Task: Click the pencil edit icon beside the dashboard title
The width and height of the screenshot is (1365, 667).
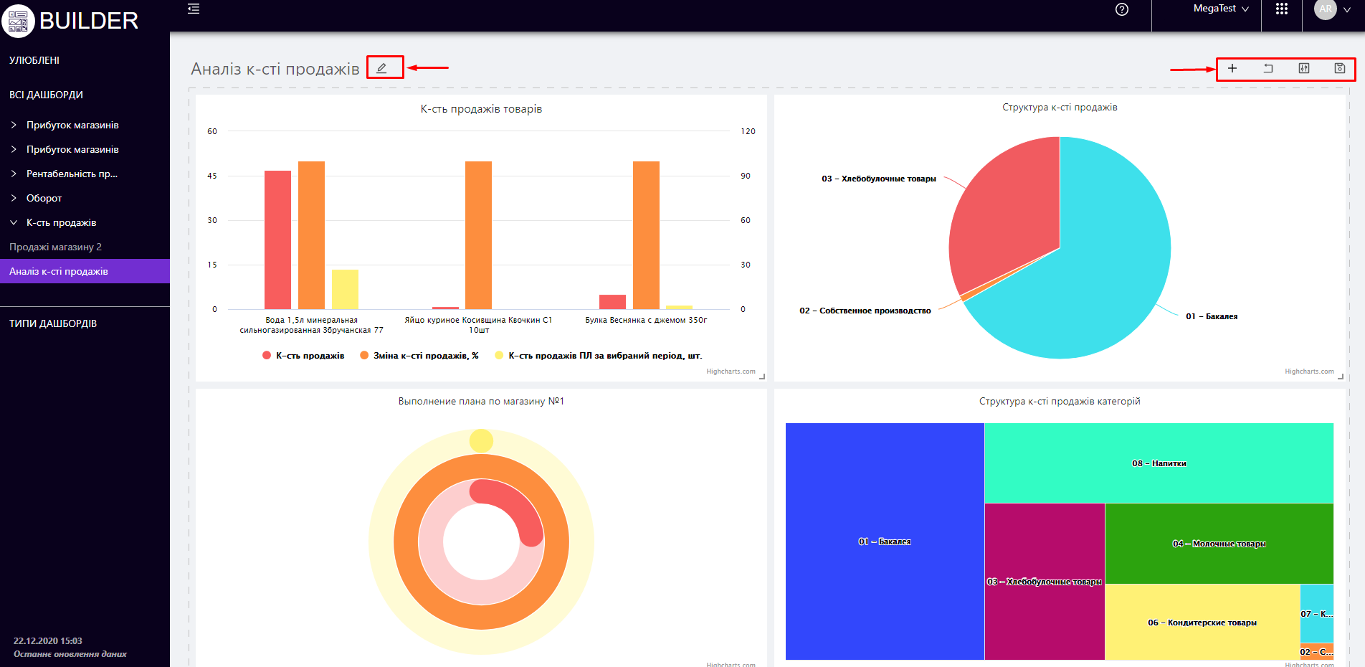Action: (382, 68)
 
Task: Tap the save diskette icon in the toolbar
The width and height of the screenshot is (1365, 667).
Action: (1339, 68)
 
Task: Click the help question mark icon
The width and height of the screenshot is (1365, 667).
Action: (1122, 9)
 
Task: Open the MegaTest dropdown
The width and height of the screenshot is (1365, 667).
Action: (1221, 9)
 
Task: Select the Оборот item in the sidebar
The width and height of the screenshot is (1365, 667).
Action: (44, 198)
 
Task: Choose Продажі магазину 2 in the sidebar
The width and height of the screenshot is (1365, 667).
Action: (55, 247)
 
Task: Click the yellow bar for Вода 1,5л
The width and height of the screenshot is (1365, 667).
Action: (345, 289)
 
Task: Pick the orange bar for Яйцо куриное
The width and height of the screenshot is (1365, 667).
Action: (478, 235)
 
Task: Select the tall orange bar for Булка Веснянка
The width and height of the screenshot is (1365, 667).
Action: (646, 235)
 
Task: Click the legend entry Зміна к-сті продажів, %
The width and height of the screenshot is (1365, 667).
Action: (425, 356)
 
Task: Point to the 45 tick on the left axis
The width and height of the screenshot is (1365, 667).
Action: (212, 176)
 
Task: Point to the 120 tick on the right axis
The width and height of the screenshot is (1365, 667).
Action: (748, 131)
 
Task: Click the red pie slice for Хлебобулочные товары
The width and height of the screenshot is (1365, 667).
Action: (1004, 215)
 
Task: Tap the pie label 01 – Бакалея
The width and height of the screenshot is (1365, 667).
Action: (1212, 316)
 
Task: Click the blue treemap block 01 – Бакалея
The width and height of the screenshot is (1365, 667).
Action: (884, 541)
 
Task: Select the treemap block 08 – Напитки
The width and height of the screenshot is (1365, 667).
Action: (1159, 463)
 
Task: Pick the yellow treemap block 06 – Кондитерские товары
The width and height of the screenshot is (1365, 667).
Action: (1202, 622)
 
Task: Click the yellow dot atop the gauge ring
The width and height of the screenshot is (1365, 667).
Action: (481, 440)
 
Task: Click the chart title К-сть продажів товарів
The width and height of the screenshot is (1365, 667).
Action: (481, 109)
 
